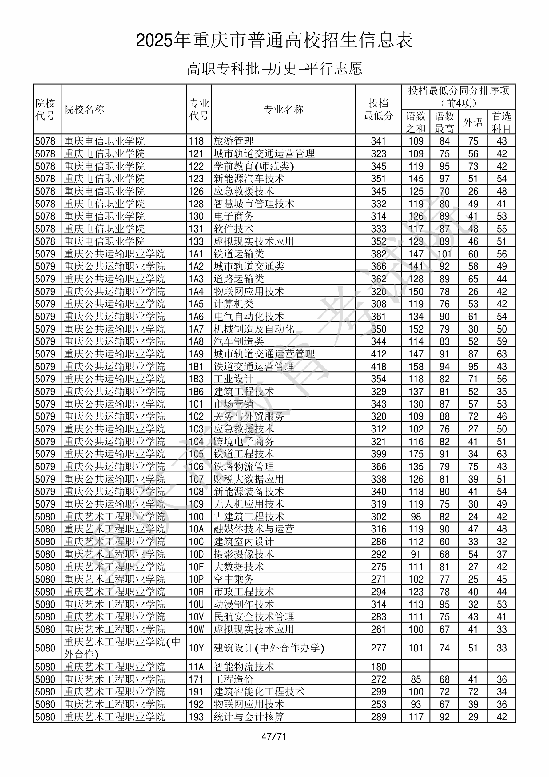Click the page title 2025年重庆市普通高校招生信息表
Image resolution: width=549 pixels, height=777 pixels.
[x=274, y=40]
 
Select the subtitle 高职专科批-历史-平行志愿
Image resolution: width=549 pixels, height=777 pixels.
[x=274, y=69]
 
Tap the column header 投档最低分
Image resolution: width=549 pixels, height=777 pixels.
[x=378, y=109]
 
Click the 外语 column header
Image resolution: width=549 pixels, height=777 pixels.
[x=473, y=122]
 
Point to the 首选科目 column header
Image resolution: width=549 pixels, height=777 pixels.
[x=501, y=122]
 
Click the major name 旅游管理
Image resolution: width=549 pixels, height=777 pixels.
[x=233, y=141]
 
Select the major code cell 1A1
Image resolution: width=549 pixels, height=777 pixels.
[x=196, y=254]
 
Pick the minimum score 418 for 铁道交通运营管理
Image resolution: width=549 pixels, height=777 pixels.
[x=378, y=366]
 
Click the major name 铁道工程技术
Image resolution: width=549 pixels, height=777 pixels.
[x=244, y=454]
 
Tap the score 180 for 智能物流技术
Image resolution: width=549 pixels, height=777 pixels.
[x=378, y=667]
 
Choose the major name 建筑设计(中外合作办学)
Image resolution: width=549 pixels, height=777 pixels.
[x=269, y=648]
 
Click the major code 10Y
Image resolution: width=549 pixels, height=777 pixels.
[x=196, y=648]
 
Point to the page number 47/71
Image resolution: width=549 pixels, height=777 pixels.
[x=274, y=736]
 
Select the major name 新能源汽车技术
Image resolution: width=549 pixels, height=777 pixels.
[x=249, y=179]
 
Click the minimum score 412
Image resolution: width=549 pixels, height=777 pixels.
[x=378, y=354]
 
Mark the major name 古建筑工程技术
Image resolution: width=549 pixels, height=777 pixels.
[x=249, y=517]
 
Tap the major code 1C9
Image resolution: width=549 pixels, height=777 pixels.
[x=196, y=504]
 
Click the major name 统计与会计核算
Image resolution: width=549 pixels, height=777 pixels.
[x=249, y=717]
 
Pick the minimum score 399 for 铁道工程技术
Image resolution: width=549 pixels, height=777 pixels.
[x=378, y=454]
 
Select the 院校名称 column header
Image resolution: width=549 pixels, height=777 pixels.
[x=84, y=109]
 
